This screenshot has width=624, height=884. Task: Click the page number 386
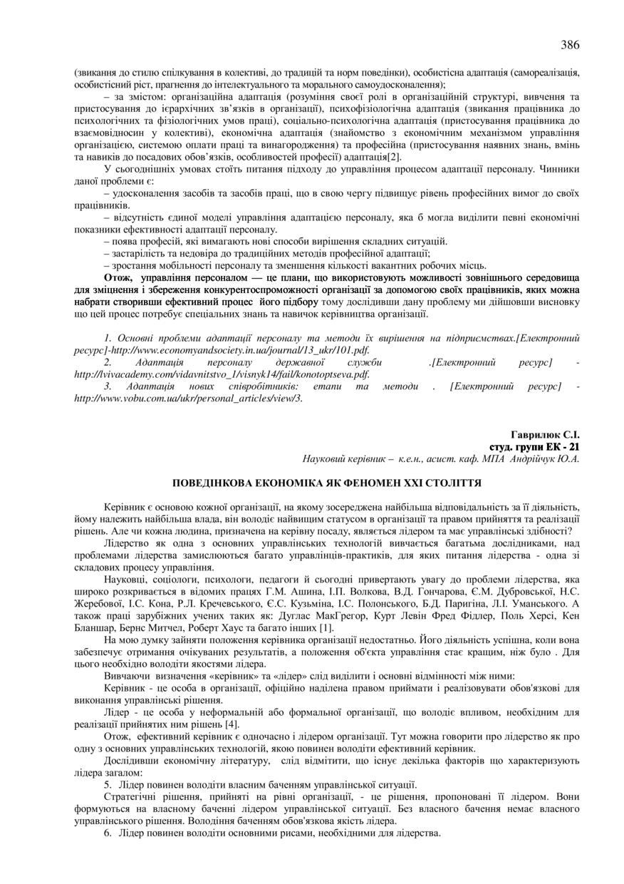[x=570, y=45]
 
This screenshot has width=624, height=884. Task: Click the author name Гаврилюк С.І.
[x=546, y=434]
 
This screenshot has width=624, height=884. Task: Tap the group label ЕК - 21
[x=563, y=446]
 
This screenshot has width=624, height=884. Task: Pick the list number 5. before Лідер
[x=108, y=785]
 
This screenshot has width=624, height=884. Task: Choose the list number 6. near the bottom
[x=108, y=833]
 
